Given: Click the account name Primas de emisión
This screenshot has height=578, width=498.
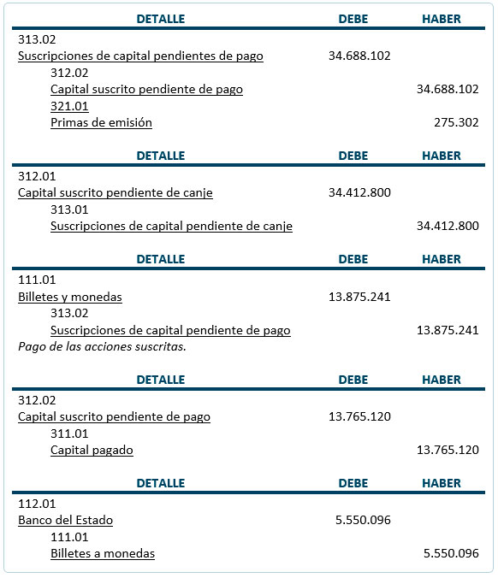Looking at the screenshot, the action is click(101, 122).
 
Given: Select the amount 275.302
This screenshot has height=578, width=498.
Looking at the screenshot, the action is click(456, 122).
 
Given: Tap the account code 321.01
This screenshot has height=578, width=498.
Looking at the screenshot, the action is click(69, 106).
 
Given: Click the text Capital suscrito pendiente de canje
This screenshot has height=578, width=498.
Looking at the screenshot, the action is click(116, 192).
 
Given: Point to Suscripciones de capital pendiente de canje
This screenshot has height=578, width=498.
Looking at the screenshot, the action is click(171, 226).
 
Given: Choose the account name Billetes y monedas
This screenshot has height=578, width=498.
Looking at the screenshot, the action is click(69, 297).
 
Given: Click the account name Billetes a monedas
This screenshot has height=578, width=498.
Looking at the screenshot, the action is click(103, 553).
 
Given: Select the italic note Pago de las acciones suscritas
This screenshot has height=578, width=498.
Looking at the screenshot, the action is click(102, 346).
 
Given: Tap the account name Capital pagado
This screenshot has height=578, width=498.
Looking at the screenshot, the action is click(92, 450).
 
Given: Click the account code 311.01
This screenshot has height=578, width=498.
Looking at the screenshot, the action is click(69, 433).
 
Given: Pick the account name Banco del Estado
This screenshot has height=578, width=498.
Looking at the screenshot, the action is click(65, 520).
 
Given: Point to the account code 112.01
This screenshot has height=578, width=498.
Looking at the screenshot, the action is click(37, 504).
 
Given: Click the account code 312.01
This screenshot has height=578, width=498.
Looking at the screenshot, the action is click(37, 176).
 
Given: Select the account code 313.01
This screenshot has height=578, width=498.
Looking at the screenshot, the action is click(69, 209).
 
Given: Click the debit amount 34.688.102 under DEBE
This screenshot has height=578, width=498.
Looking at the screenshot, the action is click(359, 56).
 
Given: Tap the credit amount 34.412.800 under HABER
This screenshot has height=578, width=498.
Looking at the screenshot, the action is click(448, 226).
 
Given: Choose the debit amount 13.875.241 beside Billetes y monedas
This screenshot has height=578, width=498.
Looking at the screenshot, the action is click(359, 297).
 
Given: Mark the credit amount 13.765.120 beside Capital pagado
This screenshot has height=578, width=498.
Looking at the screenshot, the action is click(448, 450).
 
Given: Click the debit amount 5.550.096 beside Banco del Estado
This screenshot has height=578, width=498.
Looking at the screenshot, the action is click(363, 520).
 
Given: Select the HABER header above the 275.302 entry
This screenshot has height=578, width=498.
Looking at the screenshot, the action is click(442, 19).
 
